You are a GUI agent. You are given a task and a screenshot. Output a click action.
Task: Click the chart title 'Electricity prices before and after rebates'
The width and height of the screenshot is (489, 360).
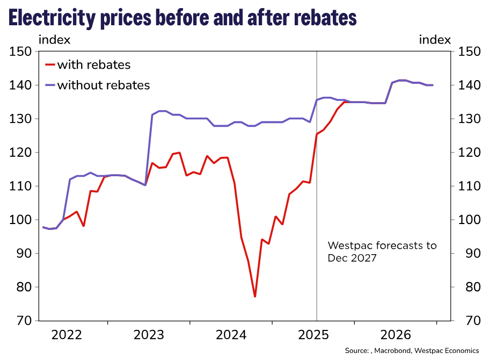pos(183,18)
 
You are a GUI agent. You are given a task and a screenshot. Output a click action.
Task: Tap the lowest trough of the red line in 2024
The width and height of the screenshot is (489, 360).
pos(255,296)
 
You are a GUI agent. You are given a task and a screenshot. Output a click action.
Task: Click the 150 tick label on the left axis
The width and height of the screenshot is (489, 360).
pos(20,52)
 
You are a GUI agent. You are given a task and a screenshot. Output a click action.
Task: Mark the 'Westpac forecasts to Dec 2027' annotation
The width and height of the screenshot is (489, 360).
pos(382,251)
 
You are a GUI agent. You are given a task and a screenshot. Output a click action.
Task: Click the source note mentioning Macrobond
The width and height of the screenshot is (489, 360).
pos(412,350)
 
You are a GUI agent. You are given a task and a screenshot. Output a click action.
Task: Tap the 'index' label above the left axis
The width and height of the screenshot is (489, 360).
pos(54,40)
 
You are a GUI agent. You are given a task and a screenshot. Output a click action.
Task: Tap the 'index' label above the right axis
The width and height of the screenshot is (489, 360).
pos(434,40)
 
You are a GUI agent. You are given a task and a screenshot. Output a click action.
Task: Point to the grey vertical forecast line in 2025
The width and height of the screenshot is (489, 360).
pos(317,215)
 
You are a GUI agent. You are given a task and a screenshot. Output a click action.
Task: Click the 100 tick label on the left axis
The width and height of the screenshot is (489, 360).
pos(20,220)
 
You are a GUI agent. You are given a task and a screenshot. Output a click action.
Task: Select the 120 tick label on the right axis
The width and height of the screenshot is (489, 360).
pos(465,153)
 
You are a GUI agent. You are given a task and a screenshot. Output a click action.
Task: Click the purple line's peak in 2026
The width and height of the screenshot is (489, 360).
pos(402,80)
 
